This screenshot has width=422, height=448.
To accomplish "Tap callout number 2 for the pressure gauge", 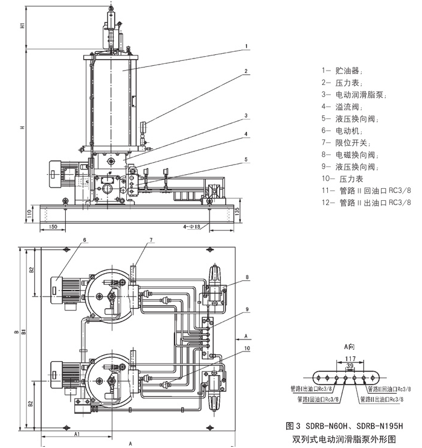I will tap(246, 71).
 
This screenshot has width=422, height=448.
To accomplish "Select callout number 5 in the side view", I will tap(246, 160).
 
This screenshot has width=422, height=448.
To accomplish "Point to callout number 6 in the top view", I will tap(85, 239).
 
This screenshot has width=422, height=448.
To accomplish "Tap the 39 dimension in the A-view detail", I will tap(350, 366).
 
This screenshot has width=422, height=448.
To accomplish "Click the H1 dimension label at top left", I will tap(22, 26).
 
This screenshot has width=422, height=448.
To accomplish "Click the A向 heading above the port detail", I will tap(349, 346).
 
